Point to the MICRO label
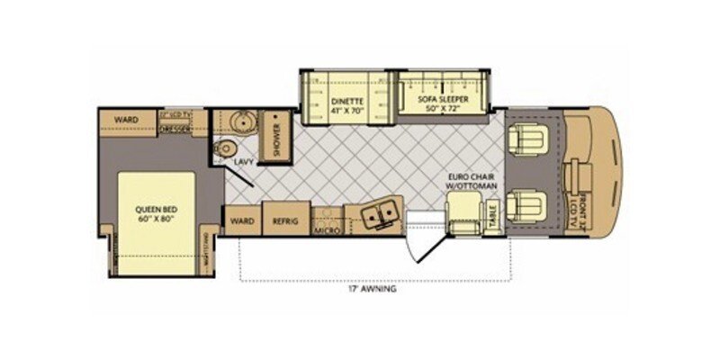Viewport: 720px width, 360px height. click(x=325, y=230)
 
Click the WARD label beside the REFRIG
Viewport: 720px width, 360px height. click(x=240, y=218)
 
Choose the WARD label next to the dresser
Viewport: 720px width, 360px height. click(x=125, y=120)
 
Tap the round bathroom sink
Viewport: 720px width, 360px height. click(x=240, y=123)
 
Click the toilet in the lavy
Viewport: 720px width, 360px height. click(x=225, y=148)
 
